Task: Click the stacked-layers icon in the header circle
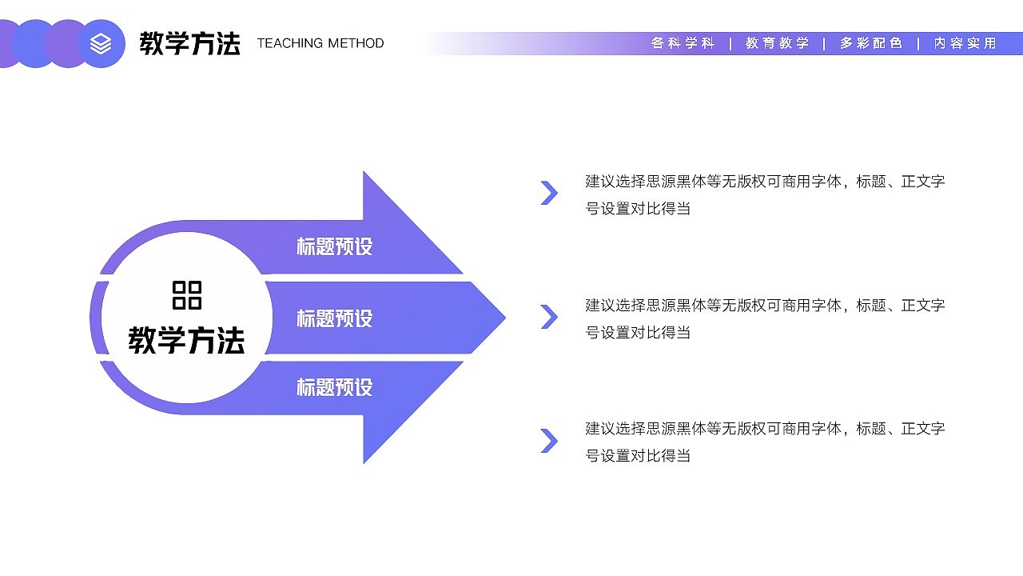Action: pyautogui.click(x=102, y=43)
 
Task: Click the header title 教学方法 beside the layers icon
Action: pyautogui.click(x=189, y=43)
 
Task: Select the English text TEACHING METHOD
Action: pyautogui.click(x=320, y=43)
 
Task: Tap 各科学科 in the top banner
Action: pyautogui.click(x=683, y=43)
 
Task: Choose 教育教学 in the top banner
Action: pyautogui.click(x=777, y=43)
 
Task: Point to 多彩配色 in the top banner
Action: pyautogui.click(x=870, y=43)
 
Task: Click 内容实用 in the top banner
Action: pyautogui.click(x=965, y=43)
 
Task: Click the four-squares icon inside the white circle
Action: pyautogui.click(x=187, y=295)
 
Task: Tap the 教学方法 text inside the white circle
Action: pyautogui.click(x=187, y=341)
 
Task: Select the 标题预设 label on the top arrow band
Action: pyautogui.click(x=335, y=246)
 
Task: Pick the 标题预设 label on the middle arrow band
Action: pyautogui.click(x=335, y=318)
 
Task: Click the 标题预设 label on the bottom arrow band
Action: pyautogui.click(x=335, y=388)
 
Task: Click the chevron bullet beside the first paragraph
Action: pyautogui.click(x=549, y=193)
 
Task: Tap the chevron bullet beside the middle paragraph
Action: pyautogui.click(x=549, y=317)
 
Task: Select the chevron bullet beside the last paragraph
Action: pyautogui.click(x=549, y=441)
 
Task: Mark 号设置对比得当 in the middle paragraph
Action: pyautogui.click(x=638, y=333)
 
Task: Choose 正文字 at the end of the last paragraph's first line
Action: pyautogui.click(x=923, y=429)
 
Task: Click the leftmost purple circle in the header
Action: pyautogui.click(x=8, y=43)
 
